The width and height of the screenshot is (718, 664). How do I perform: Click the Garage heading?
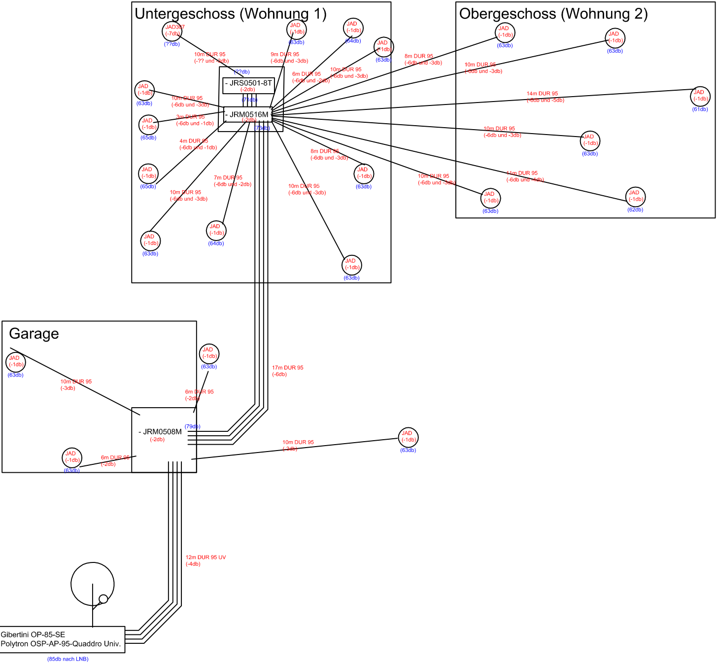coord(34,334)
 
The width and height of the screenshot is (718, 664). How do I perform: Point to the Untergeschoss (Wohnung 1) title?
coord(231,14)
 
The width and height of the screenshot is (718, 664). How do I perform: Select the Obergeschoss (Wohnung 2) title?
coord(553,14)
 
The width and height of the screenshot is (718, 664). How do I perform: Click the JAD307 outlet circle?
coord(172,31)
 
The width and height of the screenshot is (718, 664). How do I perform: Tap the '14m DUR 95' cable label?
coord(542,94)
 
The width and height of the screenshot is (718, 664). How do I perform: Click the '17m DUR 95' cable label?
coord(288,368)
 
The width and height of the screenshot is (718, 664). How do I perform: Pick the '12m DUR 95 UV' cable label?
coord(205,558)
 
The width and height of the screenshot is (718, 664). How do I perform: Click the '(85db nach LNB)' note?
coord(68,659)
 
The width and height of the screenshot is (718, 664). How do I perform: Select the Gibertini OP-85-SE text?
coord(33,634)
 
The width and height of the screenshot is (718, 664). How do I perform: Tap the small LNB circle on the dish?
coord(103,599)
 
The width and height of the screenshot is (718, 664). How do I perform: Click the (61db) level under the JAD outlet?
coord(700,109)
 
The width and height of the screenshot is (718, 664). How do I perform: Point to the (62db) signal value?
coord(635,210)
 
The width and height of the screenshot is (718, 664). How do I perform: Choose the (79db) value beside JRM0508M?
coord(192,426)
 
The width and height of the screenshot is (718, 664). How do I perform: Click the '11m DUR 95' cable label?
coord(522,174)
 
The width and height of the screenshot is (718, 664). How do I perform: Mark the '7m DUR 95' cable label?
coord(228,178)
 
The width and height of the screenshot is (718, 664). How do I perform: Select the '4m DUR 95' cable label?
coord(194,141)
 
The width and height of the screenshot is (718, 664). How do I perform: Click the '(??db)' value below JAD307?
coord(172,44)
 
